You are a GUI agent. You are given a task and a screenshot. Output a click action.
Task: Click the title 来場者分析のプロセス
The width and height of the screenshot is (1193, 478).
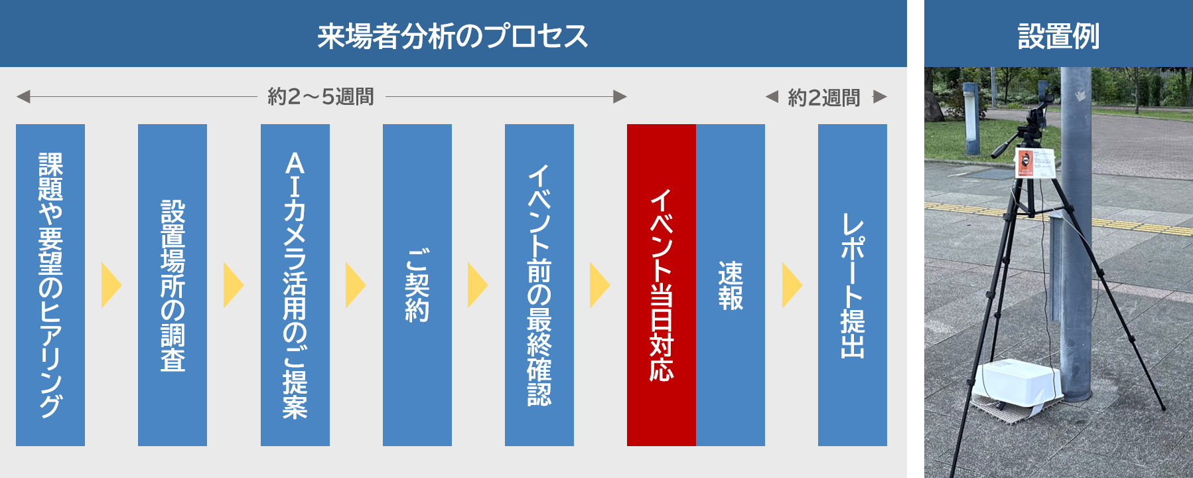453,36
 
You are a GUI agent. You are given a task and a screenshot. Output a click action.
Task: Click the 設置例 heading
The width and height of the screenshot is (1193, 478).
1058,36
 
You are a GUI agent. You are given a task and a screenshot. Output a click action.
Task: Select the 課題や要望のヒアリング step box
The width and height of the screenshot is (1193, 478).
50,285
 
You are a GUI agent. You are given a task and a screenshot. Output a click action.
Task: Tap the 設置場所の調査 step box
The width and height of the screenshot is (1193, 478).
173,285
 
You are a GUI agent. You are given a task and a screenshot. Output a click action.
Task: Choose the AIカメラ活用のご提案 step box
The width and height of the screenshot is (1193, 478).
295,285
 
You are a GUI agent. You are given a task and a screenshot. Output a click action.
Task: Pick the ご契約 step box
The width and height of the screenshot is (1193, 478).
417,285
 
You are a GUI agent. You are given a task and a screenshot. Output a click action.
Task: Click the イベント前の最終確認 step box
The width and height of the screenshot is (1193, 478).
539,285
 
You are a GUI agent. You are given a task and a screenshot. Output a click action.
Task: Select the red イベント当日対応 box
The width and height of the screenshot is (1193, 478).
661,285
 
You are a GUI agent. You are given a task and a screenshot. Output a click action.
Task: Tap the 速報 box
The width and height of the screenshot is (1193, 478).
730,285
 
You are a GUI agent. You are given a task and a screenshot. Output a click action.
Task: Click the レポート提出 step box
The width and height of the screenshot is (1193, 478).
852,285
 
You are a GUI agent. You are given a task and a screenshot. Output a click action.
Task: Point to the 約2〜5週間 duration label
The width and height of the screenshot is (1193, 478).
320,97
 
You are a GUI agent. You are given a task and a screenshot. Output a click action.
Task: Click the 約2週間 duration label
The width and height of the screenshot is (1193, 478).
823,98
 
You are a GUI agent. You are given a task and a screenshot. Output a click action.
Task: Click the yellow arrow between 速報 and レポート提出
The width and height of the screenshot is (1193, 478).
792,285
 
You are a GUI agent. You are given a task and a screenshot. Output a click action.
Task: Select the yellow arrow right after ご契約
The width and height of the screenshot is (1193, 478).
477,285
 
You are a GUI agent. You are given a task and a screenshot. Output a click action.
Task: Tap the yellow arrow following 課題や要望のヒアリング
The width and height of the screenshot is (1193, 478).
111,285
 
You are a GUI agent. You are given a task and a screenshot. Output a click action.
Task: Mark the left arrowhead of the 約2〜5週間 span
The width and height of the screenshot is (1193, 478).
23,97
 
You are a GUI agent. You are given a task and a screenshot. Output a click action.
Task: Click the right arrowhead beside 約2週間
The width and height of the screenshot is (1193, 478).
880,97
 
